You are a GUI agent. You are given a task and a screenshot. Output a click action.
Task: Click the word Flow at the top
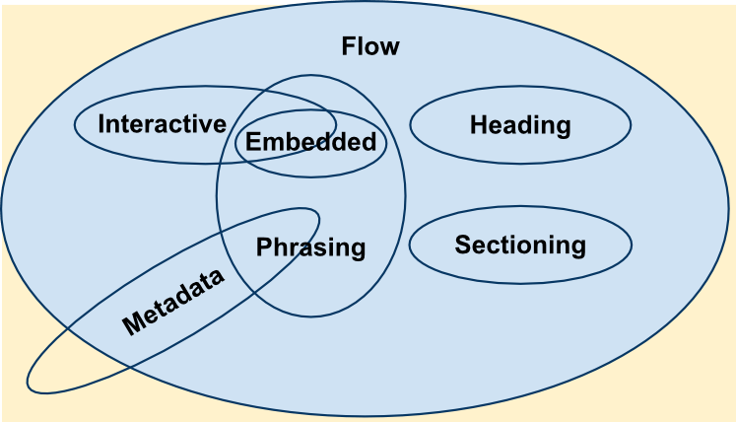click(370, 46)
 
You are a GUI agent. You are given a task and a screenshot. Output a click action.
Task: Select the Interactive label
click(163, 124)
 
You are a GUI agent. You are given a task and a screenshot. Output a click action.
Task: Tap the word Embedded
click(310, 142)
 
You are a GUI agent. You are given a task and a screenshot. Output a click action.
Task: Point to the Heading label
click(520, 125)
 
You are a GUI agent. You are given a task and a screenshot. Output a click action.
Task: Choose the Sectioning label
click(520, 245)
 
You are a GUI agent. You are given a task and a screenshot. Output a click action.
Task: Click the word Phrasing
click(310, 247)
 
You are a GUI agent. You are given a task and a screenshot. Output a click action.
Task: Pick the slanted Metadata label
click(173, 302)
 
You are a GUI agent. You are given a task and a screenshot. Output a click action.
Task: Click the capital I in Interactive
click(102, 124)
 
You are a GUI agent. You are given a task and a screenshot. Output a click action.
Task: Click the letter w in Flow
click(389, 47)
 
